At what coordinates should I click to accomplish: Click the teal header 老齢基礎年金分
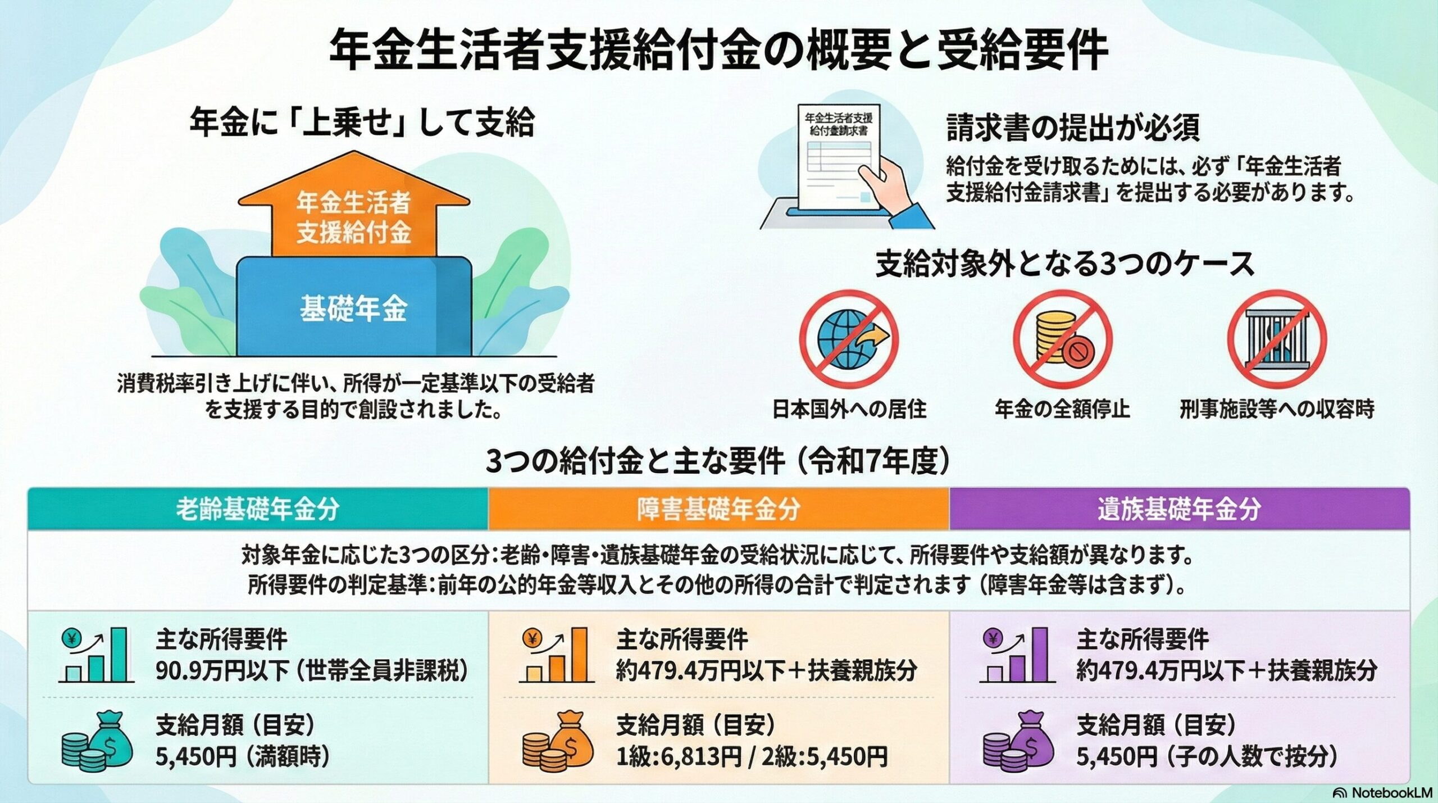tap(258, 509)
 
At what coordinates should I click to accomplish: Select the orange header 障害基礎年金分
tap(718, 509)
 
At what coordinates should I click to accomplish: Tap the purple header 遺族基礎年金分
tap(1179, 509)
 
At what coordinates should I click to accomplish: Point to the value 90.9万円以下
tap(222, 672)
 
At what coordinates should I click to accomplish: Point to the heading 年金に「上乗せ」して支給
tap(361, 123)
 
